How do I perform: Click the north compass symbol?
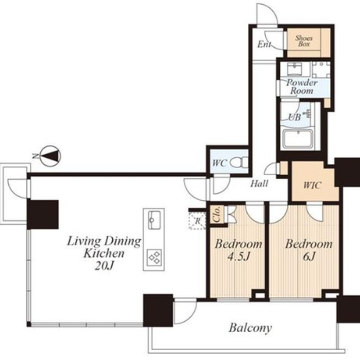(x=50, y=156)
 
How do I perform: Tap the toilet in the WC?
(x=239, y=162)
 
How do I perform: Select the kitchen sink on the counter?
(x=154, y=220)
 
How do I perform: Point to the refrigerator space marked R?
(x=197, y=221)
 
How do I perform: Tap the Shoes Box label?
(x=303, y=41)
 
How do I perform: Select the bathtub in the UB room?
(x=298, y=139)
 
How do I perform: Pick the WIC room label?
(x=312, y=185)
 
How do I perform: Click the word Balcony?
(x=250, y=328)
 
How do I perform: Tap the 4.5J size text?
(x=239, y=256)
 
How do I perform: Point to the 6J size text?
(x=309, y=256)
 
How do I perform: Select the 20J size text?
(x=104, y=266)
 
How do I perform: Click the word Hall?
(x=259, y=184)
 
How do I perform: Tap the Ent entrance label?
(x=264, y=44)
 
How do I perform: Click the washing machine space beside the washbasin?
(x=321, y=69)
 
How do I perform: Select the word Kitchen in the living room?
(x=104, y=253)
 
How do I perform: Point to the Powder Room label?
(x=302, y=87)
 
